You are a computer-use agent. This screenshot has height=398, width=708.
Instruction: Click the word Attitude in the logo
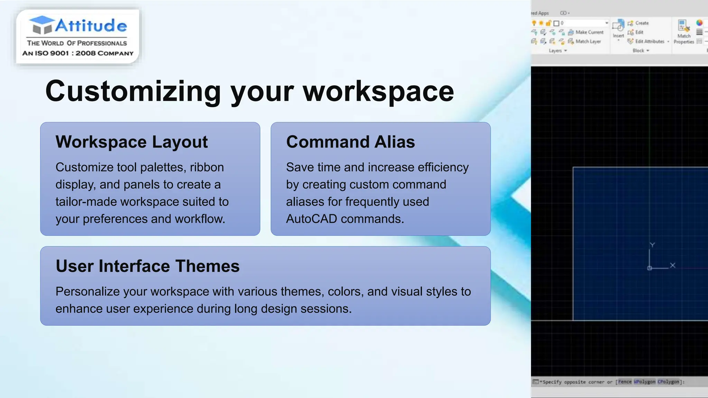pyautogui.click(x=91, y=26)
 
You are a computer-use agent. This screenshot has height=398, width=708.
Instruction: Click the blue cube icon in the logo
pyautogui.click(x=41, y=25)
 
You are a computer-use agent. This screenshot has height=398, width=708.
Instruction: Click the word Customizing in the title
pyautogui.click(x=133, y=92)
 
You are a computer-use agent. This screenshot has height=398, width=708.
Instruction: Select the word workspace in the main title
pyautogui.click(x=378, y=92)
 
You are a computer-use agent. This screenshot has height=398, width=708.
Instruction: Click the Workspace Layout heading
pyautogui.click(x=131, y=142)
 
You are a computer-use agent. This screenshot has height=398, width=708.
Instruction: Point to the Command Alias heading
pyautogui.click(x=350, y=142)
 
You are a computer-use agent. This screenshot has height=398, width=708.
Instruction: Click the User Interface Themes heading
pyautogui.click(x=147, y=266)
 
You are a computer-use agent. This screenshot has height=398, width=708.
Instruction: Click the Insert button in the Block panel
pyautogui.click(x=618, y=29)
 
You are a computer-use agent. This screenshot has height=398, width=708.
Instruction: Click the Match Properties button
pyautogui.click(x=683, y=32)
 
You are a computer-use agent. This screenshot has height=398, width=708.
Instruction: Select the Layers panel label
pyautogui.click(x=555, y=51)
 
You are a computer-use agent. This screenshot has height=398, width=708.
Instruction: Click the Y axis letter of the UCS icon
pyautogui.click(x=652, y=245)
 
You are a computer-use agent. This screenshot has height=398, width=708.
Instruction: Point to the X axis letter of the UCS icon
pyautogui.click(x=672, y=265)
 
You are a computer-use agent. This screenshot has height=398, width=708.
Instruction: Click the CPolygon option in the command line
pyautogui.click(x=668, y=382)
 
